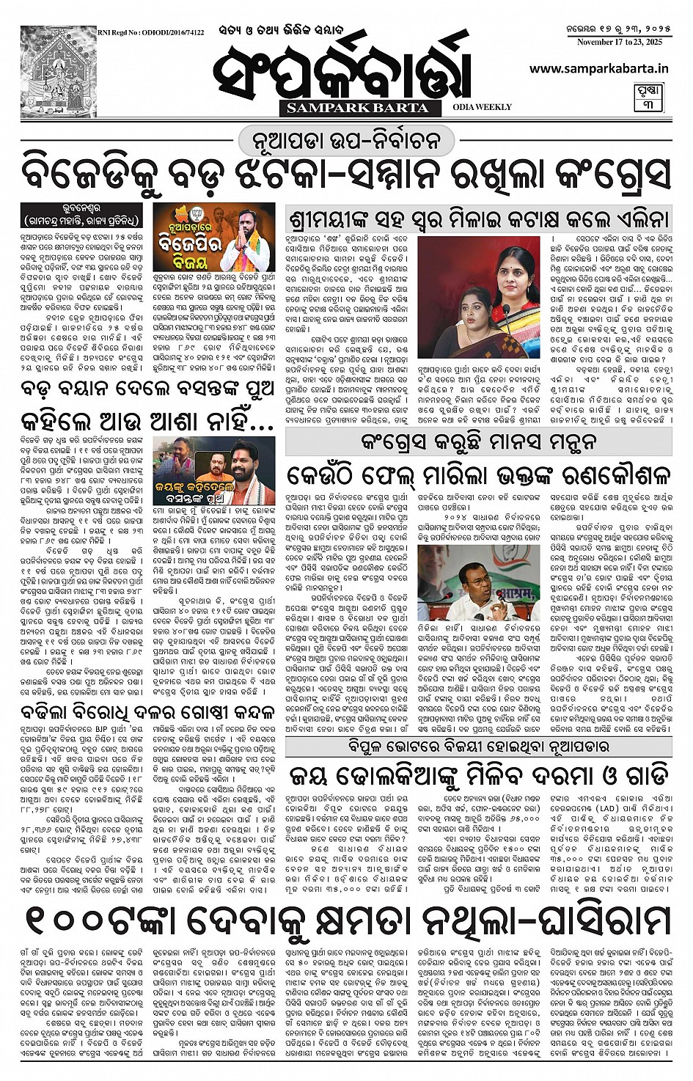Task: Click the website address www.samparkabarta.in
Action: [598, 67]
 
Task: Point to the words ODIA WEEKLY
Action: [482, 107]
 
